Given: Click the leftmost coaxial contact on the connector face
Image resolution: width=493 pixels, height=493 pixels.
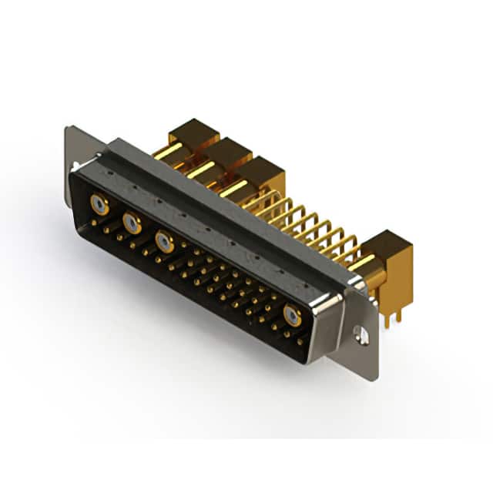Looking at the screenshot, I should click(99, 205).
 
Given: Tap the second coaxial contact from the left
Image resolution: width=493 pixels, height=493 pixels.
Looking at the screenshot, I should click(132, 224).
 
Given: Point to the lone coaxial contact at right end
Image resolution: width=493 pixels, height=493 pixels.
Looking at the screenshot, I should click(292, 314).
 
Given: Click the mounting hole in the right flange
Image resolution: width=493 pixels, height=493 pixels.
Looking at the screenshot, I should click(358, 333).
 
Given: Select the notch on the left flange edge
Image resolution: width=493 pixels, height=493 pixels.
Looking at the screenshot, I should click(74, 166).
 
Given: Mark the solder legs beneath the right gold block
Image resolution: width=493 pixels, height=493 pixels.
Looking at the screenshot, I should click(393, 311).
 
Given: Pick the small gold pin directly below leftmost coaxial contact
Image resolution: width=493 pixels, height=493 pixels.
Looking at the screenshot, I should click(96, 223).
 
